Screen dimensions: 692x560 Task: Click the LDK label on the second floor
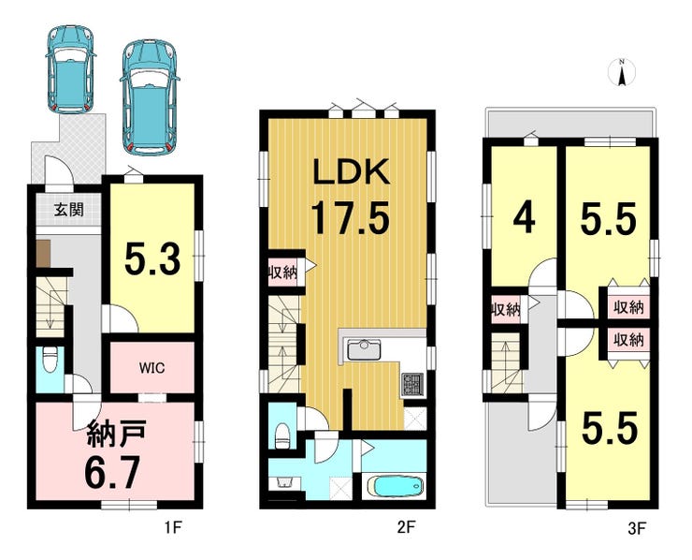tap(351, 171)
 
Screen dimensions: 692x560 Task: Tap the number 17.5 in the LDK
tap(351, 217)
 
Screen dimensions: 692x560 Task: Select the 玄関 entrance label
tap(69, 209)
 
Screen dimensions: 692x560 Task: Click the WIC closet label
tap(151, 367)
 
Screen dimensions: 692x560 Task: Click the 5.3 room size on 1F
tap(152, 260)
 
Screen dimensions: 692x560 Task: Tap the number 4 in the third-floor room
tap(524, 219)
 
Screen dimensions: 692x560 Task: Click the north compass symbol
tap(622, 72)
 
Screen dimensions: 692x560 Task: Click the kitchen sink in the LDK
tap(364, 350)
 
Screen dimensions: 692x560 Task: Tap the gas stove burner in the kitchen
tap(412, 384)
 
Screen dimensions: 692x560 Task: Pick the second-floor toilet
tap(282, 435)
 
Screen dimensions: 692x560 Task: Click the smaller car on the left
tap(71, 69)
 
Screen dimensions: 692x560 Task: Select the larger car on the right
tap(150, 97)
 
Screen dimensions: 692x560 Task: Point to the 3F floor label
tap(637, 528)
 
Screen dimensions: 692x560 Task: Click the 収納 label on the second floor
tap(282, 273)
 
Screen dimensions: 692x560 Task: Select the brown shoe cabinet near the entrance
tap(43, 254)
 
